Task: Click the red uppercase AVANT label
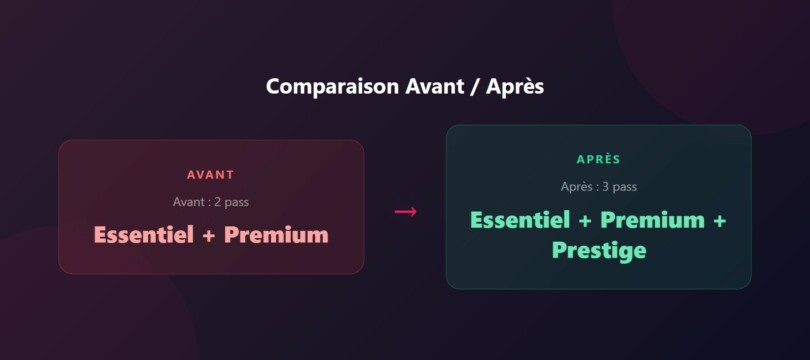tap(210, 175)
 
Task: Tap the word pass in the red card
tap(237, 202)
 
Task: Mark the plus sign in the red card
tap(209, 236)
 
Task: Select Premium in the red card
tap(276, 235)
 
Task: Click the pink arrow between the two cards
tap(405, 211)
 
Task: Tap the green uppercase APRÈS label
tap(598, 159)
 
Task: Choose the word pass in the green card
tap(625, 186)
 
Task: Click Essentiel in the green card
tap(520, 219)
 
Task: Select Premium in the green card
tap(652, 219)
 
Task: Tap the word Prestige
tap(598, 250)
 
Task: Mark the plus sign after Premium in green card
tap(718, 220)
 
